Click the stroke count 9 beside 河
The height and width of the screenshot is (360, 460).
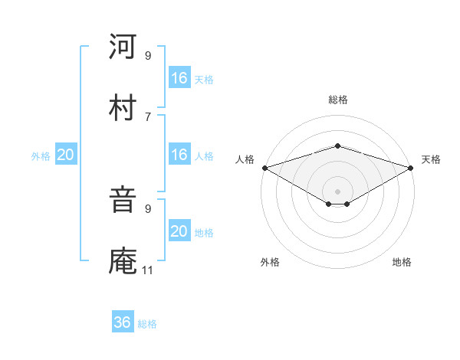point(148,56)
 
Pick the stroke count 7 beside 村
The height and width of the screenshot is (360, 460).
point(148,116)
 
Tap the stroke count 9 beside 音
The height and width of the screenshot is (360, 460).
point(148,208)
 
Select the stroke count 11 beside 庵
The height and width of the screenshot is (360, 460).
point(148,270)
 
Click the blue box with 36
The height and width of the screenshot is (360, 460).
point(123,322)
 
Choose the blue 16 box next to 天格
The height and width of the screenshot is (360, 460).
point(179,78)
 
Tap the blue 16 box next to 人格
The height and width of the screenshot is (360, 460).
point(179,155)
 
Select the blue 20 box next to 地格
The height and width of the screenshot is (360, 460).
point(179,232)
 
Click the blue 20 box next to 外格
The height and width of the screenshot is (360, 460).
point(65,155)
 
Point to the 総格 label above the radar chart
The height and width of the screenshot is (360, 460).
point(337,100)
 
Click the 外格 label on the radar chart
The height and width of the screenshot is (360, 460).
point(270,262)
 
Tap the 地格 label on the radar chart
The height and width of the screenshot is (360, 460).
point(402,262)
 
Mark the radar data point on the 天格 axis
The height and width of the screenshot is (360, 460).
point(411,167)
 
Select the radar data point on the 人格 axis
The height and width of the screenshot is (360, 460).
point(264,167)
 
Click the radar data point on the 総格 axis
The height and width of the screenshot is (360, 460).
point(337,146)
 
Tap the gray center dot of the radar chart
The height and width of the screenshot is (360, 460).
point(337,190)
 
